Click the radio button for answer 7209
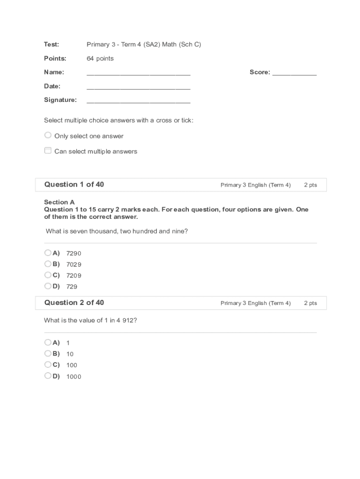pyautogui.click(x=48, y=275)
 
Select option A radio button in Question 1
pyautogui.click(x=48, y=253)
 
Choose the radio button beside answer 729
pyautogui.click(x=48, y=286)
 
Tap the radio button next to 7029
pyautogui.click(x=48, y=264)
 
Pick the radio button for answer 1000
pyautogui.click(x=48, y=376)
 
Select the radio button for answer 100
pyautogui.click(x=48, y=364)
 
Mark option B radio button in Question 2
pyautogui.click(x=48, y=353)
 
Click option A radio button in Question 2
pyautogui.click(x=48, y=342)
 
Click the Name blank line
pyautogui.click(x=138, y=73)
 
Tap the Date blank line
pyautogui.click(x=138, y=87)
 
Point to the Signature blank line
pyautogui.click(x=138, y=101)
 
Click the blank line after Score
pyautogui.click(x=294, y=73)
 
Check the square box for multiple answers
pyautogui.click(x=48, y=151)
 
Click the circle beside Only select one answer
pyautogui.click(x=48, y=135)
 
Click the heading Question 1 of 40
pyautogui.click(x=74, y=184)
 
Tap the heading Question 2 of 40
pyautogui.click(x=74, y=303)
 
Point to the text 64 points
pyautogui.click(x=100, y=58)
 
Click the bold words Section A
pyautogui.click(x=59, y=202)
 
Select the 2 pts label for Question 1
pyautogui.click(x=310, y=185)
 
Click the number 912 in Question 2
pyautogui.click(x=128, y=320)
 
